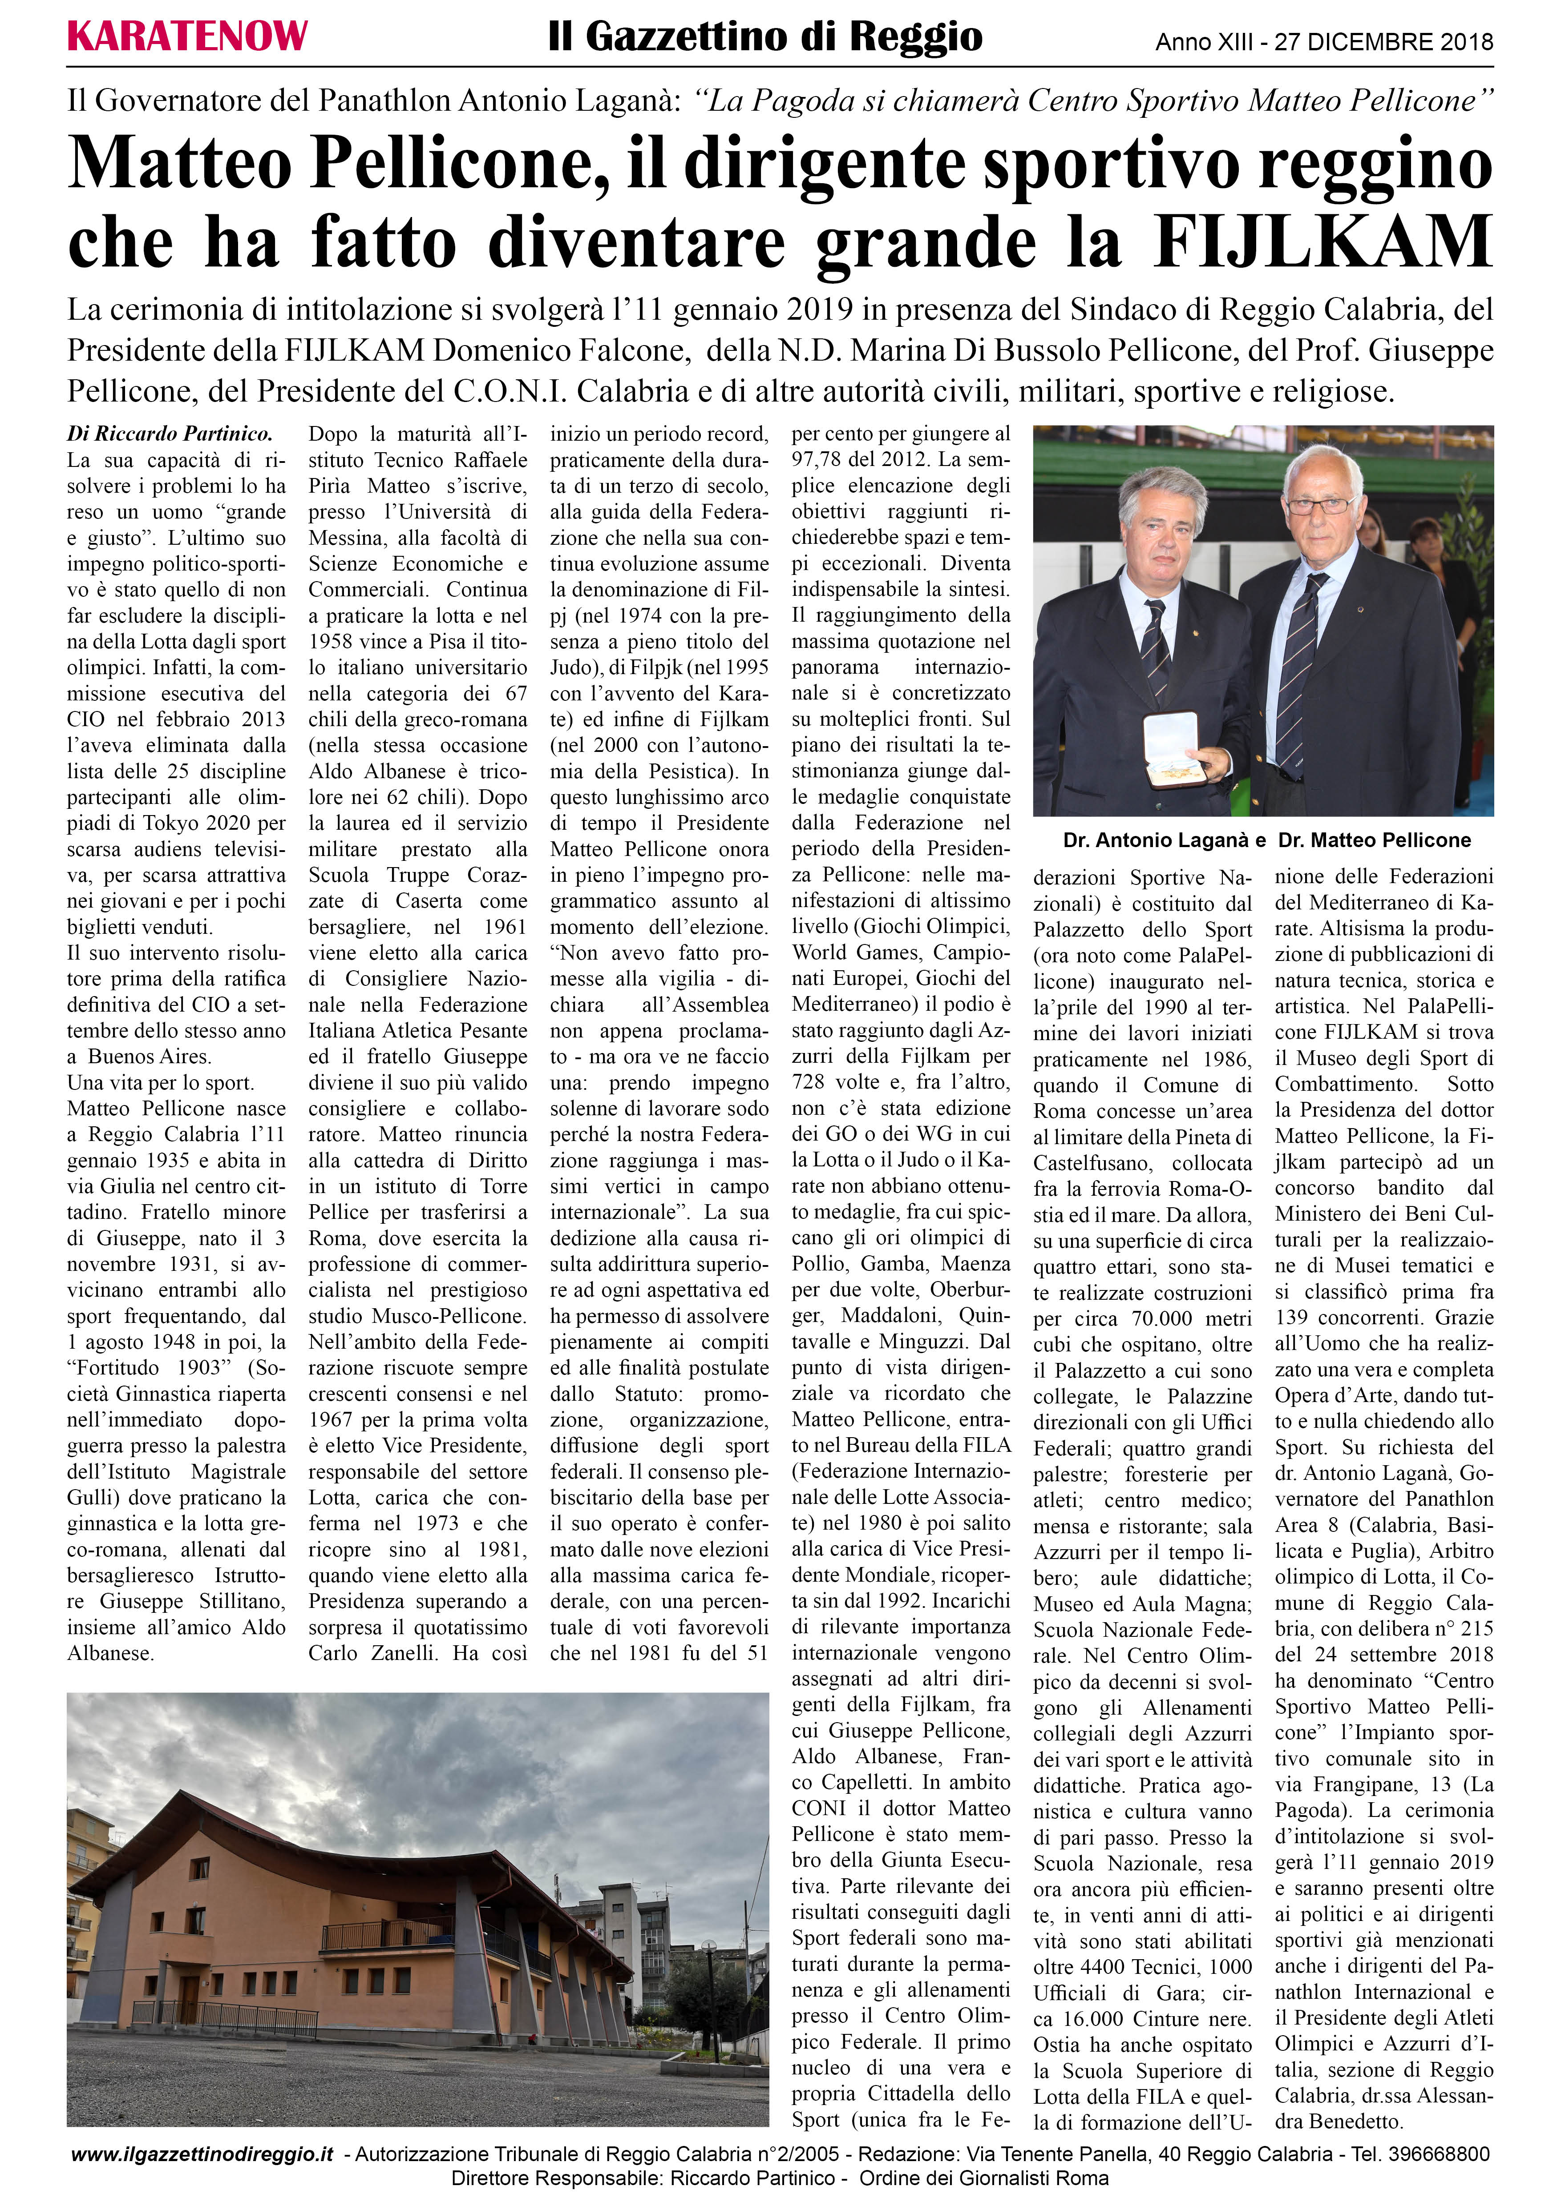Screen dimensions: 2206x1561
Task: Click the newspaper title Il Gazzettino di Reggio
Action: pos(765,37)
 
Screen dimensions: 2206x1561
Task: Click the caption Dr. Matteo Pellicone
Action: pos(1375,841)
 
